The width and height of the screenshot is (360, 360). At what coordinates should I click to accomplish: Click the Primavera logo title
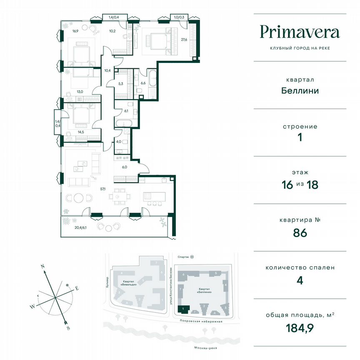pos(300,32)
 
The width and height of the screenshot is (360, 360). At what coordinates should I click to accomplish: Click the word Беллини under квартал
pos(300,90)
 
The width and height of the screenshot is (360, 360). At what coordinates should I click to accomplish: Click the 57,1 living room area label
pos(102,189)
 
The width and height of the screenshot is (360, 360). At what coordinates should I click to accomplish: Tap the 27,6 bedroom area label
pos(184,40)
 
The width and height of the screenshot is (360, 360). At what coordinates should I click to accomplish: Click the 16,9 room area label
pos(75,30)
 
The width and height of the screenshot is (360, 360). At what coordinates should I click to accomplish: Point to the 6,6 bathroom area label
pos(143,83)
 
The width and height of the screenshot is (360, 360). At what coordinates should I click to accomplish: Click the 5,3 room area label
pos(120,83)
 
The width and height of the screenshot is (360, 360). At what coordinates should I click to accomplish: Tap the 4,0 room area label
pos(118,142)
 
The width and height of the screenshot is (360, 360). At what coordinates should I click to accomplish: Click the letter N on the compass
pos(42,265)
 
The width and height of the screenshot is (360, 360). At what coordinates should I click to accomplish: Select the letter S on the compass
pos(67,327)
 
